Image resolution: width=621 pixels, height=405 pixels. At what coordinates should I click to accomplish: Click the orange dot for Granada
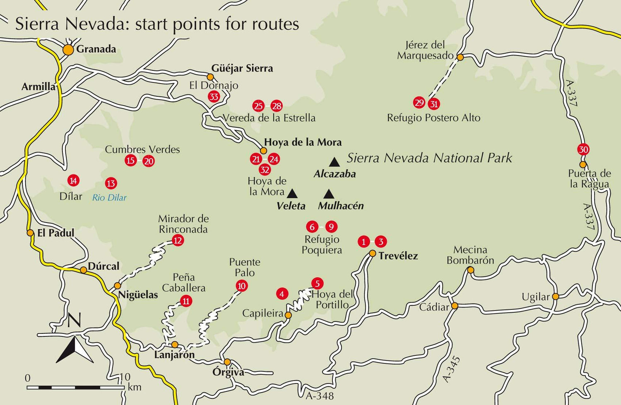point(68,50)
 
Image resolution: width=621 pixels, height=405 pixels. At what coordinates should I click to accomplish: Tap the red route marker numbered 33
point(214,97)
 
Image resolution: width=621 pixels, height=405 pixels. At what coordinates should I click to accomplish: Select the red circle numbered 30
point(583,149)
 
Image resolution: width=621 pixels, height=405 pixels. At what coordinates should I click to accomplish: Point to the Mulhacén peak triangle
point(329,194)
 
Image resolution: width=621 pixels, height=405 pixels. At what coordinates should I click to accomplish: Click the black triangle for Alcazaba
point(334,162)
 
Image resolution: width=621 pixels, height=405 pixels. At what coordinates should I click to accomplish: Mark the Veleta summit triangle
point(292,193)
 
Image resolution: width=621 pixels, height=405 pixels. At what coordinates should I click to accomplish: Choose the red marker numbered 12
point(178,240)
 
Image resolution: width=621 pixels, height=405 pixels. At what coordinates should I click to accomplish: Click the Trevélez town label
point(398,256)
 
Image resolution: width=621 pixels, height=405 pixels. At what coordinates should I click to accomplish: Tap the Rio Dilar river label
point(109,198)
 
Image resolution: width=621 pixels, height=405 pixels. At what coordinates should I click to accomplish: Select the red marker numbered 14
point(73,180)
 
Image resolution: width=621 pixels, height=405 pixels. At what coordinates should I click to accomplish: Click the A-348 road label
point(320,396)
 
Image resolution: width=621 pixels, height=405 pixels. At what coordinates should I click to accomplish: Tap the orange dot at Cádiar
point(455,306)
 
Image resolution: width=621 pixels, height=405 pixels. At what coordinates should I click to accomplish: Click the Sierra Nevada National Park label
point(429,158)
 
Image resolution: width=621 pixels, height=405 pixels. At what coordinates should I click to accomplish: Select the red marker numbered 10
point(241,285)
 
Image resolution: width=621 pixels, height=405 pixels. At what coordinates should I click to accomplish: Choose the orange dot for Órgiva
point(227,362)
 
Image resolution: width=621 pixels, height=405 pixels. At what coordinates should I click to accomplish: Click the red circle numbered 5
point(317,283)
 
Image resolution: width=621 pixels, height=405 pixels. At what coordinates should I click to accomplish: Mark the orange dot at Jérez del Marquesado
point(460,57)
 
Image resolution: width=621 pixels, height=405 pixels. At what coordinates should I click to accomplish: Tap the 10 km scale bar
point(76,387)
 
